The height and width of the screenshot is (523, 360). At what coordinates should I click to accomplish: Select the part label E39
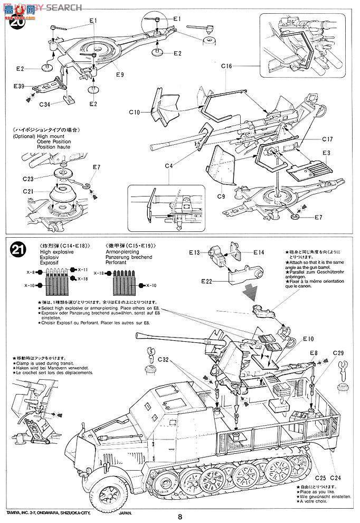[x=19, y=86]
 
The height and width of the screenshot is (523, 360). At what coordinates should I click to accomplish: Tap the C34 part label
[x=44, y=105]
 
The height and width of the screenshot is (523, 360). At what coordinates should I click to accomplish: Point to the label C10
[x=135, y=112]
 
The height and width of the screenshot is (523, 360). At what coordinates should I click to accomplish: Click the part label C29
[x=338, y=353]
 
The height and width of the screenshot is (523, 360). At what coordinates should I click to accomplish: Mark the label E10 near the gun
[x=308, y=339]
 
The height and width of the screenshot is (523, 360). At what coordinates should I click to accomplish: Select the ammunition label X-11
[x=82, y=270]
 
